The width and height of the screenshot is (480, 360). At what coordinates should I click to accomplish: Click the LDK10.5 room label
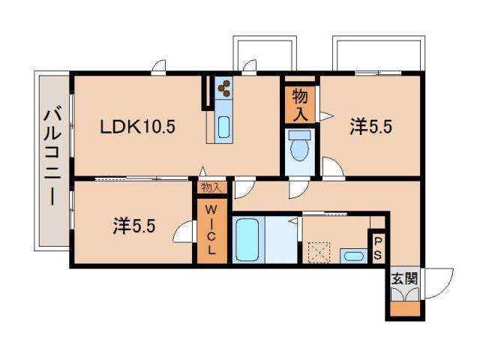click(138, 127)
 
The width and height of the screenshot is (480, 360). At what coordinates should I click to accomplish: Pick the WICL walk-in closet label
click(211, 228)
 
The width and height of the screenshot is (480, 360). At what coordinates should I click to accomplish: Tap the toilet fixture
click(299, 147)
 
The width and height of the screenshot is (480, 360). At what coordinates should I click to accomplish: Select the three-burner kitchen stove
click(223, 88)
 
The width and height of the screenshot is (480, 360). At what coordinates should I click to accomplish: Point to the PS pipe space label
click(378, 248)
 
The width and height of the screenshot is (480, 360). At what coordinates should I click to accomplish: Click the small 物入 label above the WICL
click(211, 188)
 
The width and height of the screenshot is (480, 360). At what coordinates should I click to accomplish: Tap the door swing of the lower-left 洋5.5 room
click(181, 233)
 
